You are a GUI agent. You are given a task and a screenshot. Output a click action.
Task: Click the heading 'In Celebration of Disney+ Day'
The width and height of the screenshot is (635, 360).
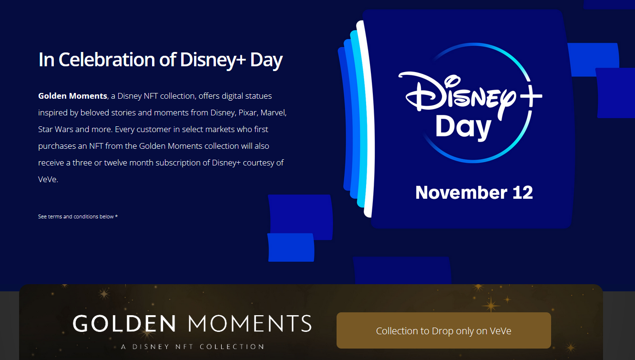pyautogui.click(x=160, y=60)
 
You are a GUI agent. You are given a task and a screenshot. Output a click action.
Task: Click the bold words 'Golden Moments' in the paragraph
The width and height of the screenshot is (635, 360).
pyautogui.click(x=72, y=96)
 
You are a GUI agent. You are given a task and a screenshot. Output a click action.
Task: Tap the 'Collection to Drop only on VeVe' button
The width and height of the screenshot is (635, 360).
pyautogui.click(x=443, y=330)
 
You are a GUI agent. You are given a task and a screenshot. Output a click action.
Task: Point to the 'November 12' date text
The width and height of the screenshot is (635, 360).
pyautogui.click(x=474, y=192)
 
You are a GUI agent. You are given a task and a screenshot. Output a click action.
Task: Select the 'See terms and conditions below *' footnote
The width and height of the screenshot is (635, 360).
pyautogui.click(x=78, y=216)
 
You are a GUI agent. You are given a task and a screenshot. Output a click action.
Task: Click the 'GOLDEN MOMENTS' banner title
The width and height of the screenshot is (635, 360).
pyautogui.click(x=192, y=323)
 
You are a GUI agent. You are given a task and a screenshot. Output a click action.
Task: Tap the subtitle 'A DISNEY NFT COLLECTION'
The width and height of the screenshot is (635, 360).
pyautogui.click(x=192, y=347)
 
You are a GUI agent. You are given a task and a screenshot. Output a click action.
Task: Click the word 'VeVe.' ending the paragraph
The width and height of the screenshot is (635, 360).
pyautogui.click(x=48, y=179)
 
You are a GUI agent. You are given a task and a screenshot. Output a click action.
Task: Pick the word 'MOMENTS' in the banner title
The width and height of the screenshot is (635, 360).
pyautogui.click(x=250, y=323)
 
